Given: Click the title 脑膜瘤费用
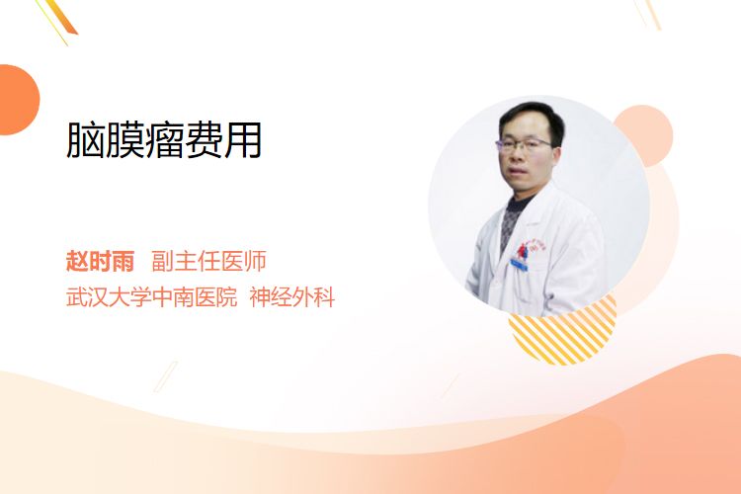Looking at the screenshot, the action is click(164, 139).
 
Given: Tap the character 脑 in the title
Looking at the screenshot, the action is click(85, 139).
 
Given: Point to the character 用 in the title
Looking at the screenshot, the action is click(243, 139).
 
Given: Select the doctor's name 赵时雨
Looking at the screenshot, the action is click(100, 261).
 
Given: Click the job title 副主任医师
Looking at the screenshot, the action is click(208, 261).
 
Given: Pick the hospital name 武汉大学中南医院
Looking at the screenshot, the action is click(151, 296).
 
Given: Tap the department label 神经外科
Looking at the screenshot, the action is click(292, 296).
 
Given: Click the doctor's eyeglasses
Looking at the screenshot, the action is click(523, 144).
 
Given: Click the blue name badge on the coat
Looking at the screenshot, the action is click(519, 264).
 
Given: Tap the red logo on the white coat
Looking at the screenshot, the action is click(523, 251).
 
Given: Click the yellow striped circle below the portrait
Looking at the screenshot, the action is click(567, 336).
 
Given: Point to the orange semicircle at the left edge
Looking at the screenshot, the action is click(18, 100).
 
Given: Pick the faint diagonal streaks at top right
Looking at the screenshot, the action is click(647, 14).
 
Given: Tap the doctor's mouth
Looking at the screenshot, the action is click(518, 173).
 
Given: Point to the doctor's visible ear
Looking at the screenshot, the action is click(555, 155).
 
